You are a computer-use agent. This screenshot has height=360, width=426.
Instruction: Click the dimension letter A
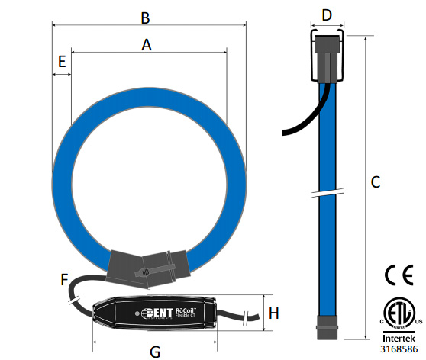tap(147, 45)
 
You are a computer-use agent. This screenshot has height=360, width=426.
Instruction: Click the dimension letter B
tap(146, 16)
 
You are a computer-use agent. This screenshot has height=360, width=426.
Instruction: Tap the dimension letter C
tap(375, 182)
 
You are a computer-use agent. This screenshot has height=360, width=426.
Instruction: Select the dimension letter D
tap(327, 14)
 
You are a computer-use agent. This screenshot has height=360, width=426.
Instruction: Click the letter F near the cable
tap(65, 280)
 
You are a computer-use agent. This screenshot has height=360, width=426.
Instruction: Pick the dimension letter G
tap(155, 352)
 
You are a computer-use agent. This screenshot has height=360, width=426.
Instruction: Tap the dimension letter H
tap(274, 313)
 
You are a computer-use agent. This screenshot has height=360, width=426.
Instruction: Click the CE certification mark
tap(399, 275)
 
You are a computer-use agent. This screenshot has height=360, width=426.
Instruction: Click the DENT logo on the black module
tap(157, 311)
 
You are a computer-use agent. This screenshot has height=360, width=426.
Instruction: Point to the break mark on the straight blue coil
tap(328, 191)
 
